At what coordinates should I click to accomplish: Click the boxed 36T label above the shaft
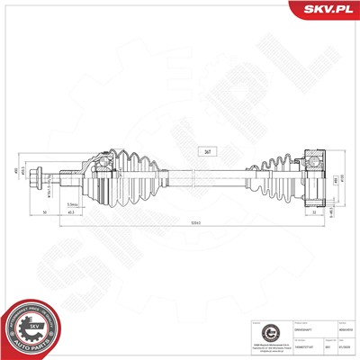point(209,151)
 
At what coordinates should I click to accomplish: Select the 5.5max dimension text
point(71,203)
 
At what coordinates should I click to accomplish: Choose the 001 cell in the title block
point(316,346)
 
